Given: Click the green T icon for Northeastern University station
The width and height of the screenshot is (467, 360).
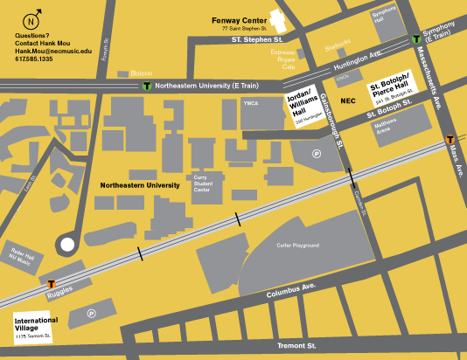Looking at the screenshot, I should click(x=146, y=87).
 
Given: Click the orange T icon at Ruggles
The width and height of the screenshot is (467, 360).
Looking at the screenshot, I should click(x=52, y=284).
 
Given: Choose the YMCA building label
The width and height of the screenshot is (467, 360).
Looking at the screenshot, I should click(x=253, y=103).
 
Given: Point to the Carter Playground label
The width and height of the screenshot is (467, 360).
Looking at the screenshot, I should click(x=297, y=246).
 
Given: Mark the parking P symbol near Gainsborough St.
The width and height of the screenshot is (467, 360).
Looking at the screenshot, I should click(x=317, y=154).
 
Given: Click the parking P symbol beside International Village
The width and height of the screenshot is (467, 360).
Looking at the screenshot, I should click(x=90, y=312).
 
